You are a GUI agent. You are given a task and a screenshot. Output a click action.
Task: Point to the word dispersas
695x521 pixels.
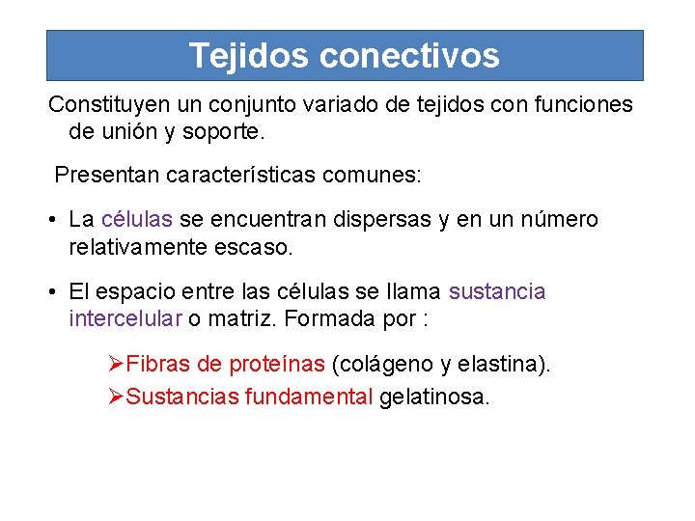pyautogui.click(x=382, y=220)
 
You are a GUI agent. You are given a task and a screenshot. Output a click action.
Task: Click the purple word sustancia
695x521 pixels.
pyautogui.click(x=497, y=291)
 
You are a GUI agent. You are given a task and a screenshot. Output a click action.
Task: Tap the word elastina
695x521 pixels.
pyautogui.click(x=500, y=365)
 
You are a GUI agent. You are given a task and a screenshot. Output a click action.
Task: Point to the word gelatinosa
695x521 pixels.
pyautogui.click(x=434, y=396)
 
